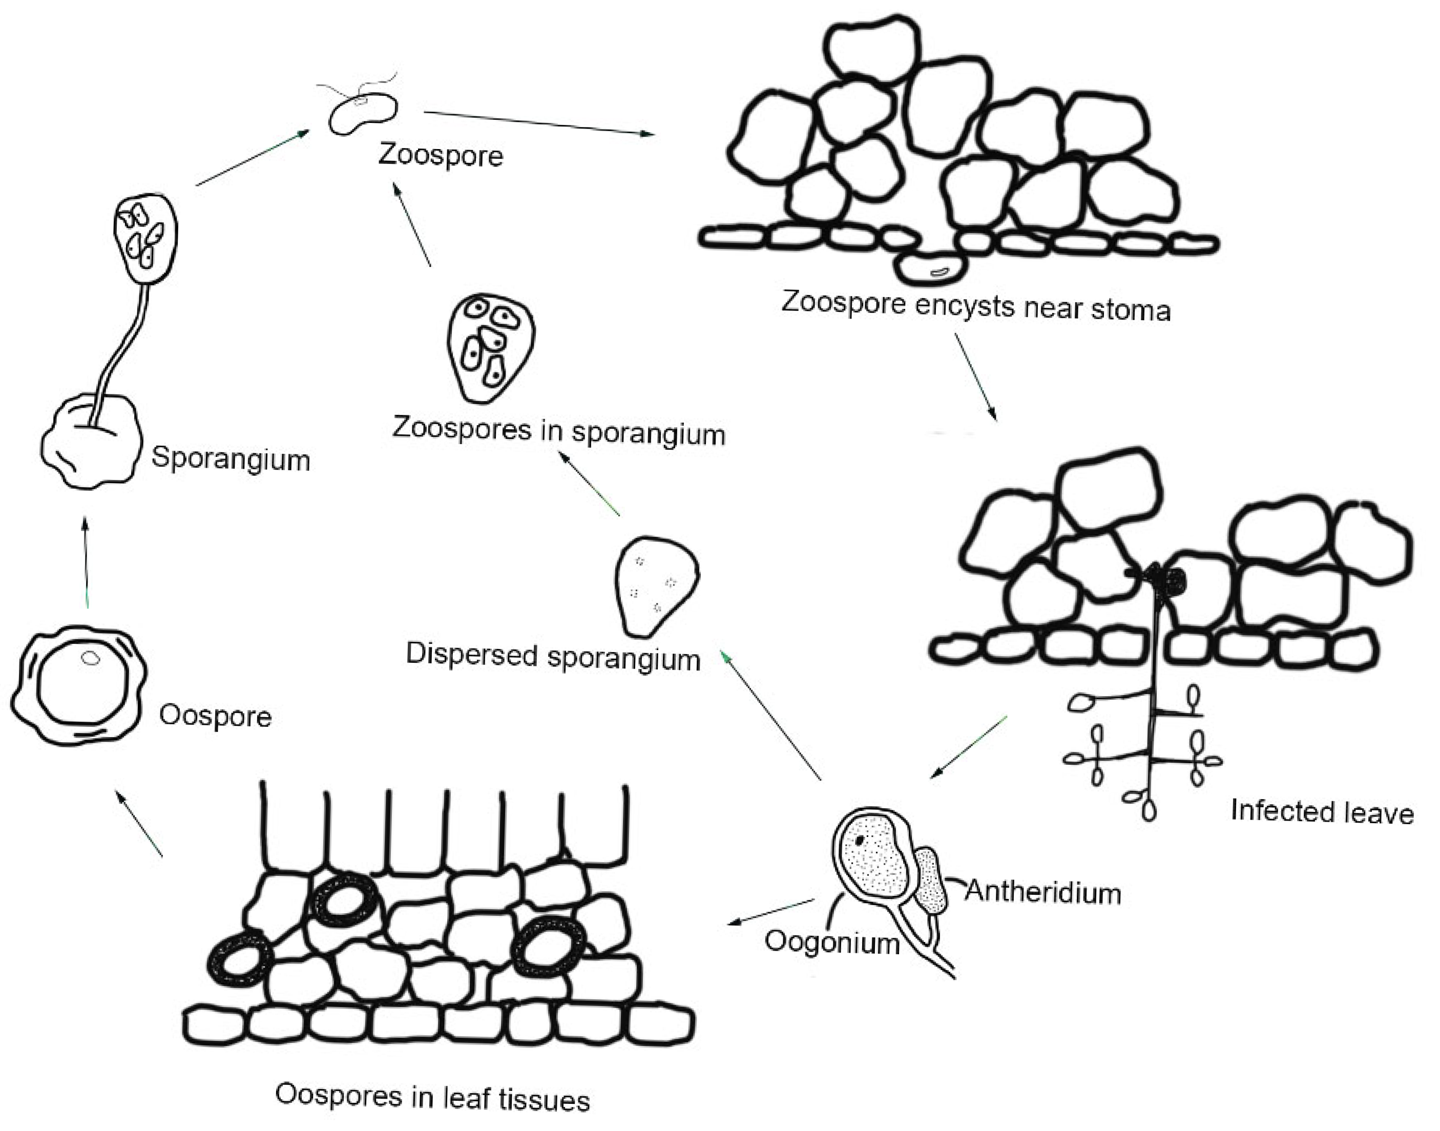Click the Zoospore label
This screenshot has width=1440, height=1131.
(440, 156)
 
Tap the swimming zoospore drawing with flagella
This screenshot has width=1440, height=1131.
(363, 114)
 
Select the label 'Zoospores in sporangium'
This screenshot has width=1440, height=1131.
(558, 431)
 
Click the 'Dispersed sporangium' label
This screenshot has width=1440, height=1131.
(553, 656)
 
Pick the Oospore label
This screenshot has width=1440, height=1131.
(215, 717)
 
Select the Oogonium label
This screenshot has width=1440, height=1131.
(832, 941)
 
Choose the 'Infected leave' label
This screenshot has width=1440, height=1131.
(1322, 812)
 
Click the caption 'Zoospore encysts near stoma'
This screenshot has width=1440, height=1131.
(976, 306)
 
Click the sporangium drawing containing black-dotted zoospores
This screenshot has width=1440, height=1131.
(490, 348)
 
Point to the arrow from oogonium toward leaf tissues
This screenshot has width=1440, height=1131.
(771, 911)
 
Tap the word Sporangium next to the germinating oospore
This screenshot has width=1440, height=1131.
(231, 458)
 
